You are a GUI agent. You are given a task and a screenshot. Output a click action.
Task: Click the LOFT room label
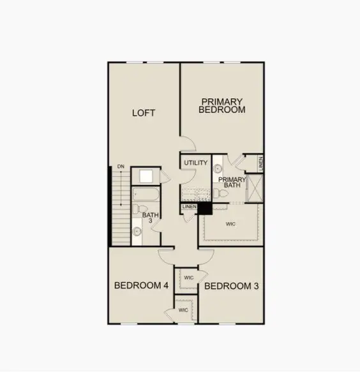[x=144, y=113]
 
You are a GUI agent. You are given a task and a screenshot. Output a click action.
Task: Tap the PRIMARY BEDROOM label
[x=221, y=105]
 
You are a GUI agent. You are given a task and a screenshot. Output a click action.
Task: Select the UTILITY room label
[x=196, y=163]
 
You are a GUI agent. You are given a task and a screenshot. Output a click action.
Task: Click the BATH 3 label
[x=151, y=218]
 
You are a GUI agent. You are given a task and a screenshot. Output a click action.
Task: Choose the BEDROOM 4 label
[x=141, y=285]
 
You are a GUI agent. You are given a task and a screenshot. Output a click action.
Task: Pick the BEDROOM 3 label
[x=232, y=285]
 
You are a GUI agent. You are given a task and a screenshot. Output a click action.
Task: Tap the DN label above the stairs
[x=120, y=168]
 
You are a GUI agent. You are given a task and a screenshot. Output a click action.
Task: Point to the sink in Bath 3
[x=137, y=232]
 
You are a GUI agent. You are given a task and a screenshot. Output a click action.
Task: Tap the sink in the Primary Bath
[x=217, y=169]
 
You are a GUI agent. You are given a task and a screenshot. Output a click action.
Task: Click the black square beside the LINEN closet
[x=205, y=208]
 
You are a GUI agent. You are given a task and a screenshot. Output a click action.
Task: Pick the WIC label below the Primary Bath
[x=231, y=224]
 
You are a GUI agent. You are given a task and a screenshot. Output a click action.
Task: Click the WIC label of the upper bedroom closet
[x=188, y=278]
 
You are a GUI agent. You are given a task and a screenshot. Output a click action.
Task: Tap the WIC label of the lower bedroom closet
[x=183, y=310]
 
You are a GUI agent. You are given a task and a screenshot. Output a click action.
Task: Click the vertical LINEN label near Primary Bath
[x=260, y=163]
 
